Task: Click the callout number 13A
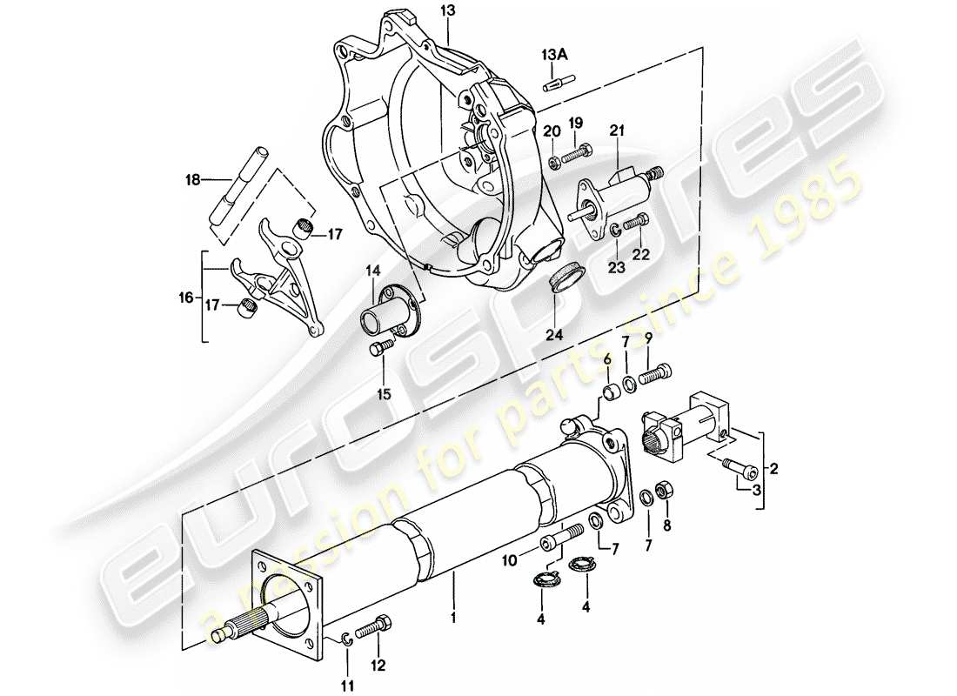pos(555,55)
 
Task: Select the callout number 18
pos(193,180)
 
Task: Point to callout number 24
pos(555,335)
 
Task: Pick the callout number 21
pos(619,130)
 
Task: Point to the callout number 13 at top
pos(446,10)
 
